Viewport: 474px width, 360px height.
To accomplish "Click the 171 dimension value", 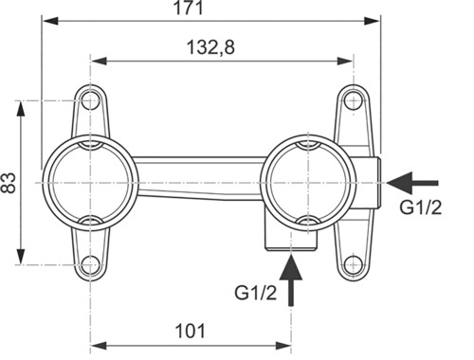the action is pyautogui.click(x=189, y=8).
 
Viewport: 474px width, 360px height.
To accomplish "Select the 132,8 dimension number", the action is pyautogui.click(x=210, y=47).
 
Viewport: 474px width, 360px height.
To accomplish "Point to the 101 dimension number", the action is pyautogui.click(x=191, y=331).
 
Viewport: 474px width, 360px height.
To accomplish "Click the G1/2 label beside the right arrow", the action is pyautogui.click(x=420, y=207).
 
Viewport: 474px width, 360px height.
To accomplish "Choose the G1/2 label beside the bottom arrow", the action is pyautogui.click(x=255, y=293).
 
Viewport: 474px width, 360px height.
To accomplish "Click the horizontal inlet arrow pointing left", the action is pyautogui.click(x=412, y=183).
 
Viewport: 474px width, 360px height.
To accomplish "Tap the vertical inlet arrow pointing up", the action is pyautogui.click(x=291, y=279).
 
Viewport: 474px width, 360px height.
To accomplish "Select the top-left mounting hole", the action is pyautogui.click(x=90, y=100).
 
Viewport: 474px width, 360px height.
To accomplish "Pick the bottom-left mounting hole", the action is pyautogui.click(x=90, y=264).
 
